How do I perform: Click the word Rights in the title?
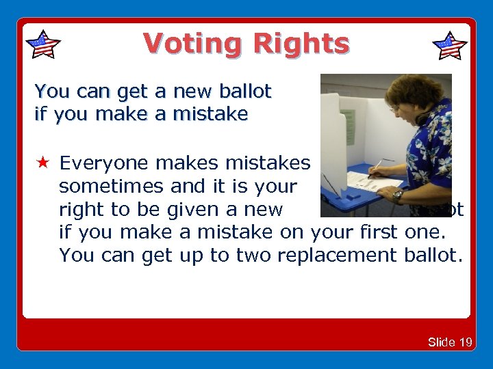point(301,44)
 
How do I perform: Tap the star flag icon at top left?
point(42,44)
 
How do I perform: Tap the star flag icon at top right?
point(450,46)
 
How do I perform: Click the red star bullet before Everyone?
point(42,163)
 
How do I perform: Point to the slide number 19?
point(465,342)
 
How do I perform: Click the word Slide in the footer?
point(441,342)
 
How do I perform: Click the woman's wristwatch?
point(398,195)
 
